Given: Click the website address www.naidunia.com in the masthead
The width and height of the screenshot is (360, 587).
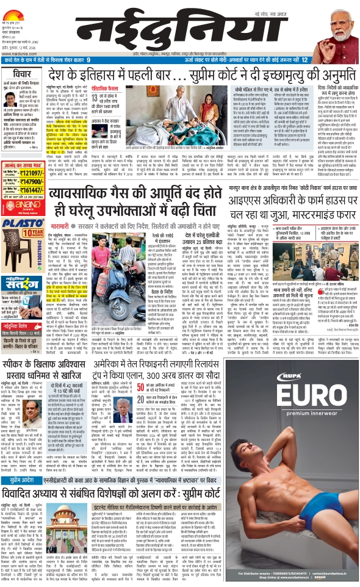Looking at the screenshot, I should [16, 53].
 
